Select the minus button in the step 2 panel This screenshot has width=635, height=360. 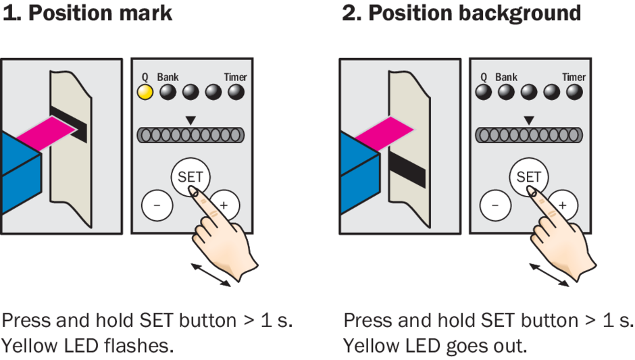click(496, 203)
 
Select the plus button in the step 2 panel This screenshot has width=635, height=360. click(563, 203)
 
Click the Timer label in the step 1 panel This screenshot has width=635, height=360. click(236, 77)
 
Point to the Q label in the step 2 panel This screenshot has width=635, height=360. click(484, 77)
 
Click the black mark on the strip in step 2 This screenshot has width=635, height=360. click(407, 169)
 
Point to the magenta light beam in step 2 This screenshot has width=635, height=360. click(382, 130)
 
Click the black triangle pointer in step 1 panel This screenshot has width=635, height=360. click(190, 120)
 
